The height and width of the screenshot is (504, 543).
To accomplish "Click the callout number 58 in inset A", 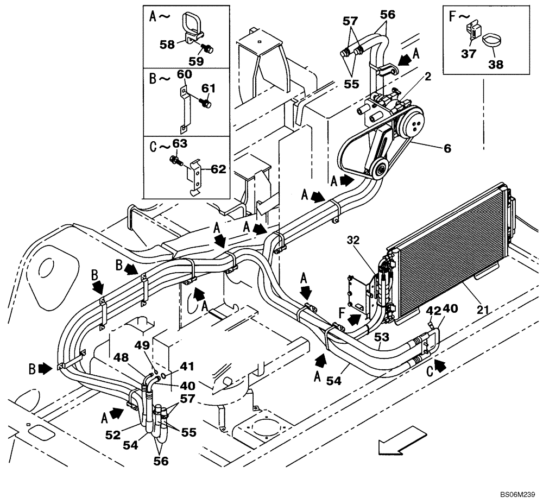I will (167, 45).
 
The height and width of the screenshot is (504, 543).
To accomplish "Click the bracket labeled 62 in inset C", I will (196, 173).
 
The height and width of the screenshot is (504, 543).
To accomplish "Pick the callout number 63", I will (179, 144).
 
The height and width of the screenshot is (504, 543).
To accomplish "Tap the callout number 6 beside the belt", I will (447, 147).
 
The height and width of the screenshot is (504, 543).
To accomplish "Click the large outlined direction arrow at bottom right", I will (402, 439).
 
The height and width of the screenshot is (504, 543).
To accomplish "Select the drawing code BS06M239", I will (518, 495).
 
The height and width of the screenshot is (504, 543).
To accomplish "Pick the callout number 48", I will (122, 358).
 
